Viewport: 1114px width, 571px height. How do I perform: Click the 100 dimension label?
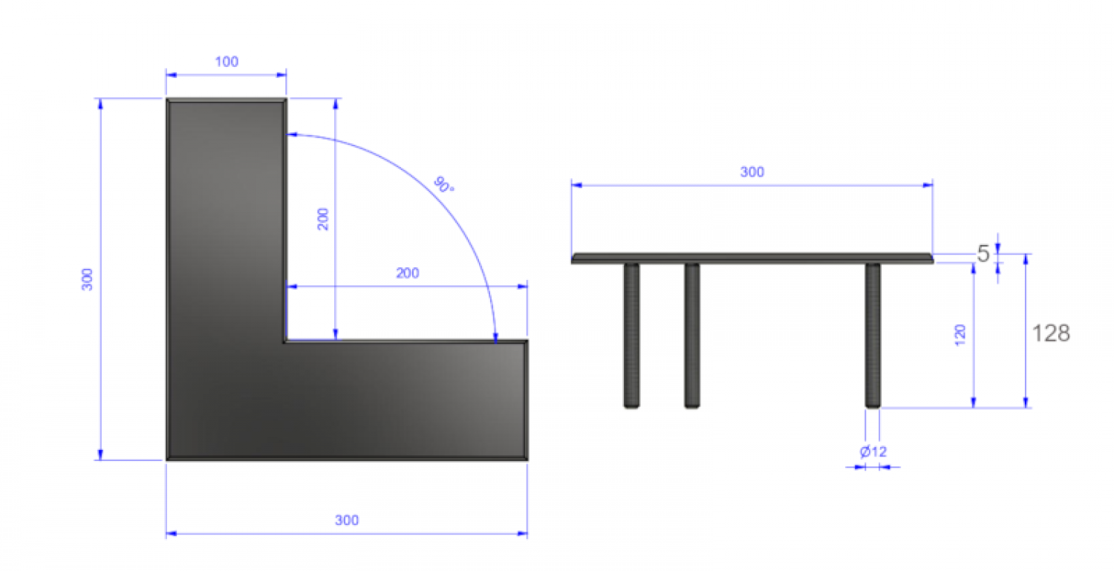point(227,62)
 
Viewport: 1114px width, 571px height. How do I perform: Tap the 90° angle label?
point(443,185)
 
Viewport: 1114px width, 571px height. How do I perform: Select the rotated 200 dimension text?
point(323,219)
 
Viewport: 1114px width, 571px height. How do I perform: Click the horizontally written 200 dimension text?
point(407,273)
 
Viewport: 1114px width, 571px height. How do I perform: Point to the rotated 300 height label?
point(87,279)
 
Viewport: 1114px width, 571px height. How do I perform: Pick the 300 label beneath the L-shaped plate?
point(347,521)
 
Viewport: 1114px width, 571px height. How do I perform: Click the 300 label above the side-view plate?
point(752,172)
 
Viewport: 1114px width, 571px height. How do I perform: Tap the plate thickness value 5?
point(983,254)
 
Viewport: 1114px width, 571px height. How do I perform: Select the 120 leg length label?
point(960,335)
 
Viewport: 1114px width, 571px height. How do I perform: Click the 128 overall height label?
point(1051,333)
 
